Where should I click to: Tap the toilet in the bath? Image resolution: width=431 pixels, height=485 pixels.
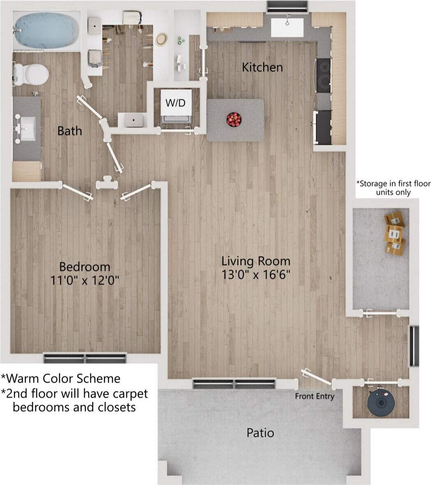point(33,74)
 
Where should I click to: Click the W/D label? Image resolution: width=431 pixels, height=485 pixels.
point(175,103)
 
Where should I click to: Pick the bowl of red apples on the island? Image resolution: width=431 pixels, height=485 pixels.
point(234,120)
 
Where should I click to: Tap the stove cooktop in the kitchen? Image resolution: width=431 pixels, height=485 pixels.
point(323,75)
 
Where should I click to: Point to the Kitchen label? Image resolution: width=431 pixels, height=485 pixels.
point(262,67)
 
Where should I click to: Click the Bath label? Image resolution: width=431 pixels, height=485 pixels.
point(70,131)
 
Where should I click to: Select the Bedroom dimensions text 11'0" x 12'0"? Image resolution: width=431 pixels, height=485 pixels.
point(85,281)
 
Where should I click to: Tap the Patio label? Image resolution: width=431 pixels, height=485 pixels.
point(260,433)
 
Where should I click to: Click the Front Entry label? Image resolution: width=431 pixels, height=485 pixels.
point(315,396)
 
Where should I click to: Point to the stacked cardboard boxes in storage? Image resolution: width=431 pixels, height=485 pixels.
point(394,233)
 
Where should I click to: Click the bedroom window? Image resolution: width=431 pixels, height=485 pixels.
point(85,358)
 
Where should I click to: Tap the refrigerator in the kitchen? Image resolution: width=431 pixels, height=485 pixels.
point(324,127)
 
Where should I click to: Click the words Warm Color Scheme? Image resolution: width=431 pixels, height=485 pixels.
point(61,378)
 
